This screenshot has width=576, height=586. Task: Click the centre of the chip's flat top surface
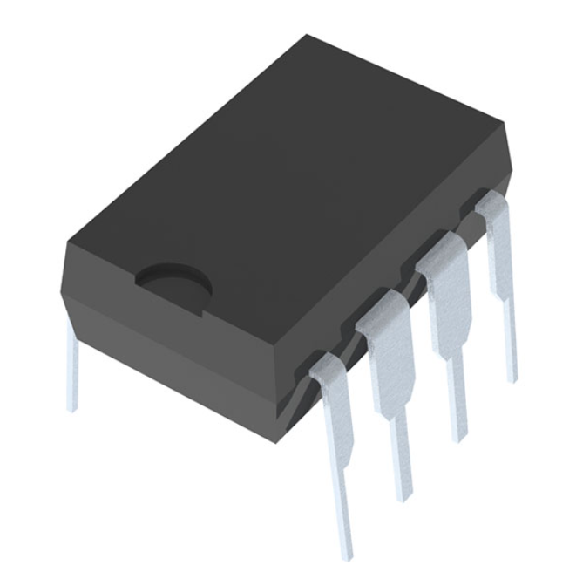tap(288, 174)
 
